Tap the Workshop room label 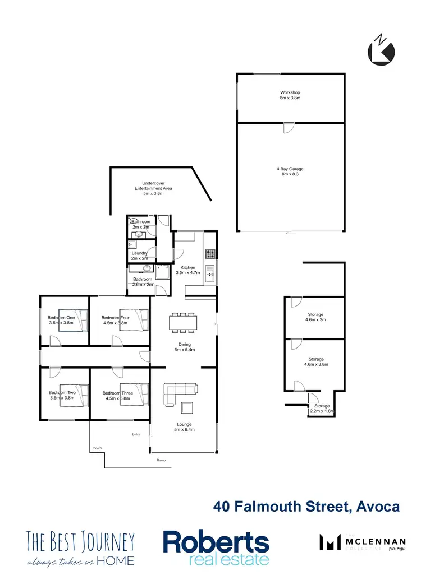click(290, 95)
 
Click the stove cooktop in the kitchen click(210, 254)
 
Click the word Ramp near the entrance click(162, 461)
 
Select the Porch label click(97, 448)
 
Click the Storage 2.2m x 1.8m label click(322, 409)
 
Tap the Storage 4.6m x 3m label click(315, 318)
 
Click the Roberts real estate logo click(216, 548)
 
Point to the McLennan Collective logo click(359, 542)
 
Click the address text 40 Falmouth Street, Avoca click(306, 507)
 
